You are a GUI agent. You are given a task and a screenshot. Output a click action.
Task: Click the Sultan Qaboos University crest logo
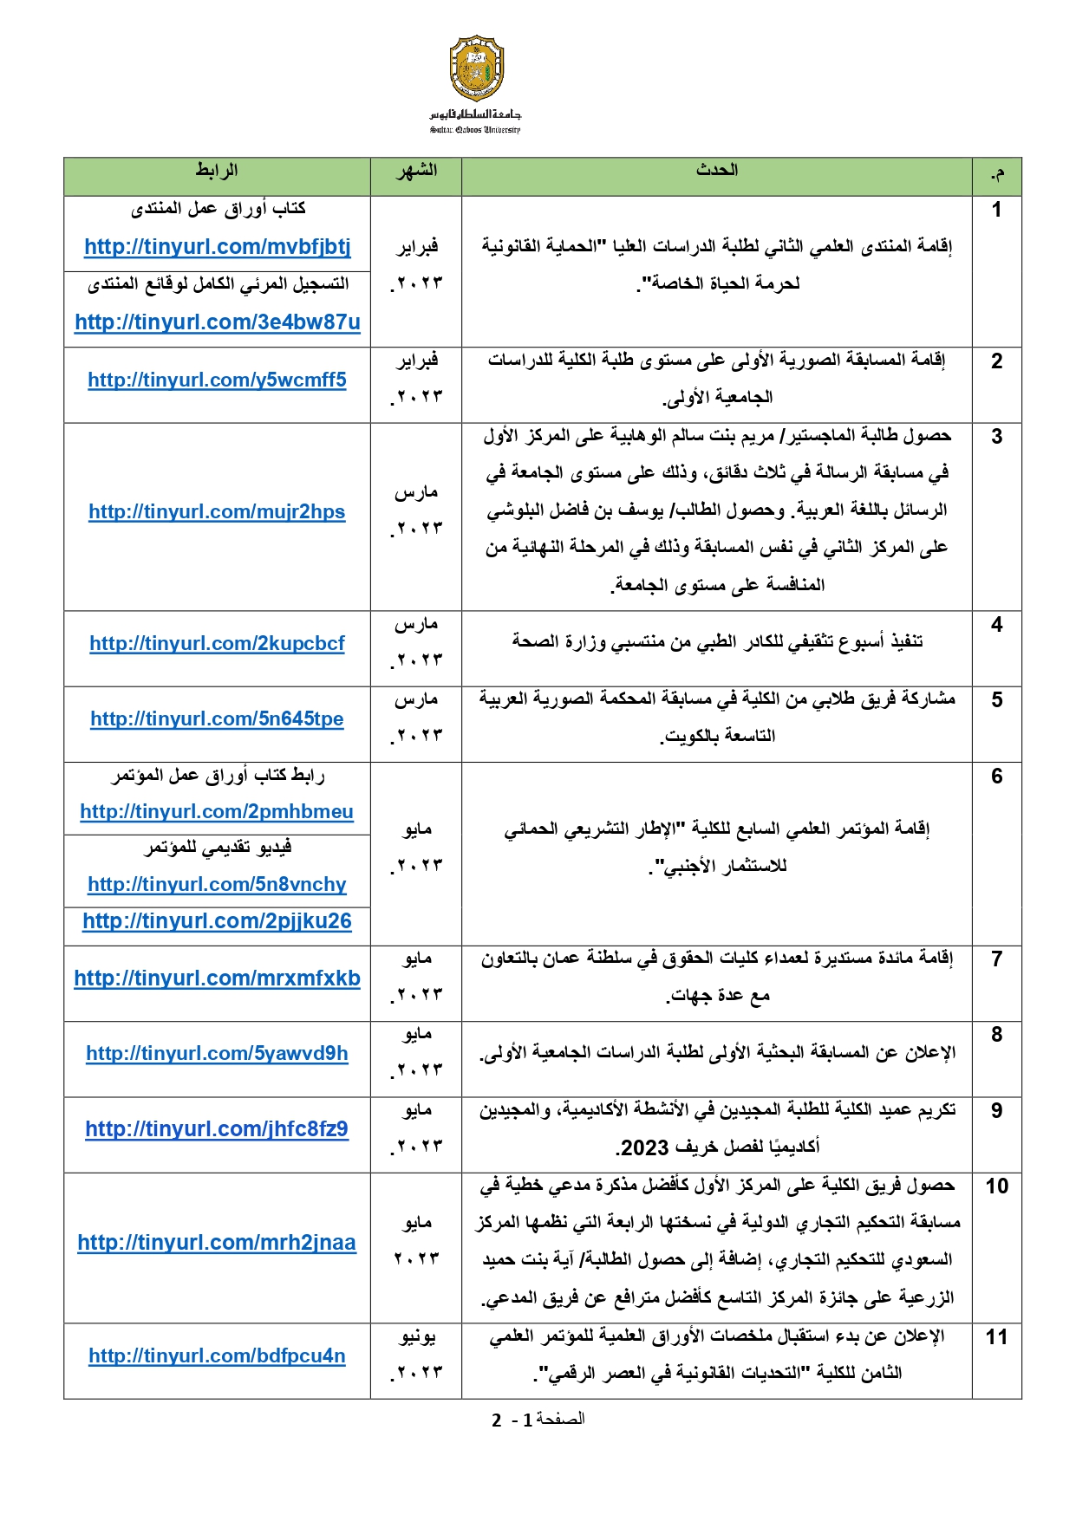(476, 68)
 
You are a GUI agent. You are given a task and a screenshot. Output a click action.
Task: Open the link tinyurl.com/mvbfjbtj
(217, 247)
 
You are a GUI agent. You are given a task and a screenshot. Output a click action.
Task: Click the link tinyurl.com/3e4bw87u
(217, 322)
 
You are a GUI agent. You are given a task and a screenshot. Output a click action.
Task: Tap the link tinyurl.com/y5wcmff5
(217, 380)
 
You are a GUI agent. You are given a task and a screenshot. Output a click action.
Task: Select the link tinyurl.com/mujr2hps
(217, 512)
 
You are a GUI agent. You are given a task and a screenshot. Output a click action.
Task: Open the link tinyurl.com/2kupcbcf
(217, 643)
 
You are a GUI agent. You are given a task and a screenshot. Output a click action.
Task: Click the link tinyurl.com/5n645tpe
(217, 718)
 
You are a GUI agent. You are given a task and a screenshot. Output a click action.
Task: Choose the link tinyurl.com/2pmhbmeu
(217, 812)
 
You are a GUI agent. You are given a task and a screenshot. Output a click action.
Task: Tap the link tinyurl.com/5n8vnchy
(217, 885)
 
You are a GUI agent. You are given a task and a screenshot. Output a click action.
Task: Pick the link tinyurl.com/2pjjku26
(217, 921)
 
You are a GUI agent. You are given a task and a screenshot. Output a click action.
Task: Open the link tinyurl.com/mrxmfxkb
(217, 978)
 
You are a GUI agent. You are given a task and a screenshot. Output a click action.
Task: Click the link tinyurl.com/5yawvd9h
(217, 1053)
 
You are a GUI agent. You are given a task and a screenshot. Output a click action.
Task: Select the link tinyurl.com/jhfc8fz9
(217, 1129)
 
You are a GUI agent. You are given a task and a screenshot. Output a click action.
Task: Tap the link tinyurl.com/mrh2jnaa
(217, 1243)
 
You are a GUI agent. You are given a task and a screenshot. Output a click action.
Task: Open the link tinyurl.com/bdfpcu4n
(217, 1356)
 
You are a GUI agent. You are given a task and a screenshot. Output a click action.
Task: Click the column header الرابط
(217, 171)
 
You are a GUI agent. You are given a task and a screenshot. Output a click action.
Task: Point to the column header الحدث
(716, 171)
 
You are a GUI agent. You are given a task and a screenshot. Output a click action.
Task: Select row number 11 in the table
(996, 1337)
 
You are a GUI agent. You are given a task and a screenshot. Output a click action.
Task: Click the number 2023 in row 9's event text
(645, 1148)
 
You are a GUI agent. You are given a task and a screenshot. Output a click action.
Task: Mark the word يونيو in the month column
(417, 1337)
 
